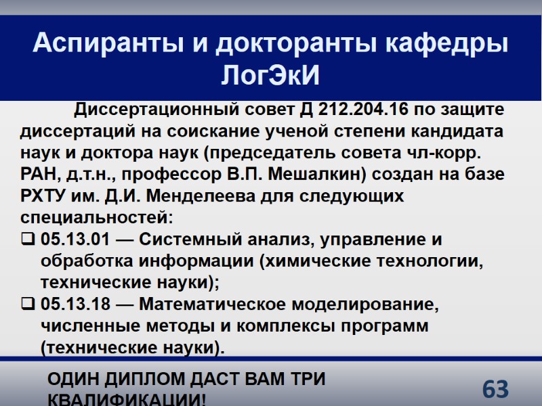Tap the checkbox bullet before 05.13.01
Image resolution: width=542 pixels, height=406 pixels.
(x=28, y=240)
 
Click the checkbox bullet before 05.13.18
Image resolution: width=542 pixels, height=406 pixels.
(x=28, y=304)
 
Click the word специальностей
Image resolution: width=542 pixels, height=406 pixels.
(x=97, y=218)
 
